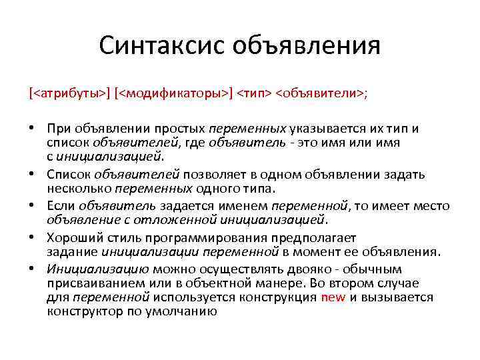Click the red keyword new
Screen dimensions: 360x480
(333, 297)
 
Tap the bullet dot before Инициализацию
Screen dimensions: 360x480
(32, 269)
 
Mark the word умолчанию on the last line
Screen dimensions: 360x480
(185, 311)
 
